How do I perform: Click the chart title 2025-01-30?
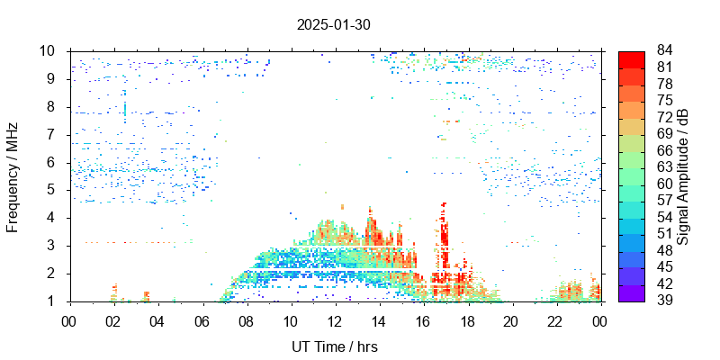pos(333,24)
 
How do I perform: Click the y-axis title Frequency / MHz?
pos(13,175)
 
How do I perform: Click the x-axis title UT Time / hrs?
pos(334,346)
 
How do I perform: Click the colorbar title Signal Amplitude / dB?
pos(683,175)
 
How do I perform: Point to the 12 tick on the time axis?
pos(335,320)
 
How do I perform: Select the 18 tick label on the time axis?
pos(467,320)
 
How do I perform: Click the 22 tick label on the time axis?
pos(555,320)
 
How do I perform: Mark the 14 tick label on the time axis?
pos(379,320)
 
